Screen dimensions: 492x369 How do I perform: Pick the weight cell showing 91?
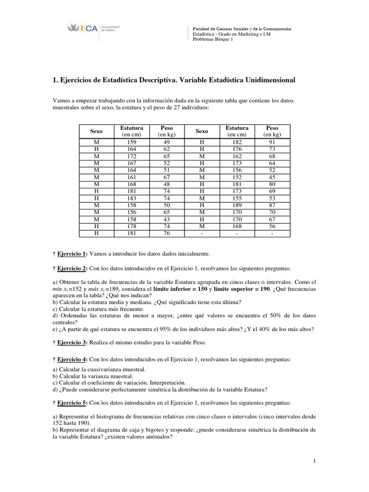click(x=272, y=143)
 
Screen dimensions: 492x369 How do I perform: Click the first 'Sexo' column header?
click(x=97, y=131)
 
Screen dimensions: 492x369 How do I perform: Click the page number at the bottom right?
click(x=314, y=461)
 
